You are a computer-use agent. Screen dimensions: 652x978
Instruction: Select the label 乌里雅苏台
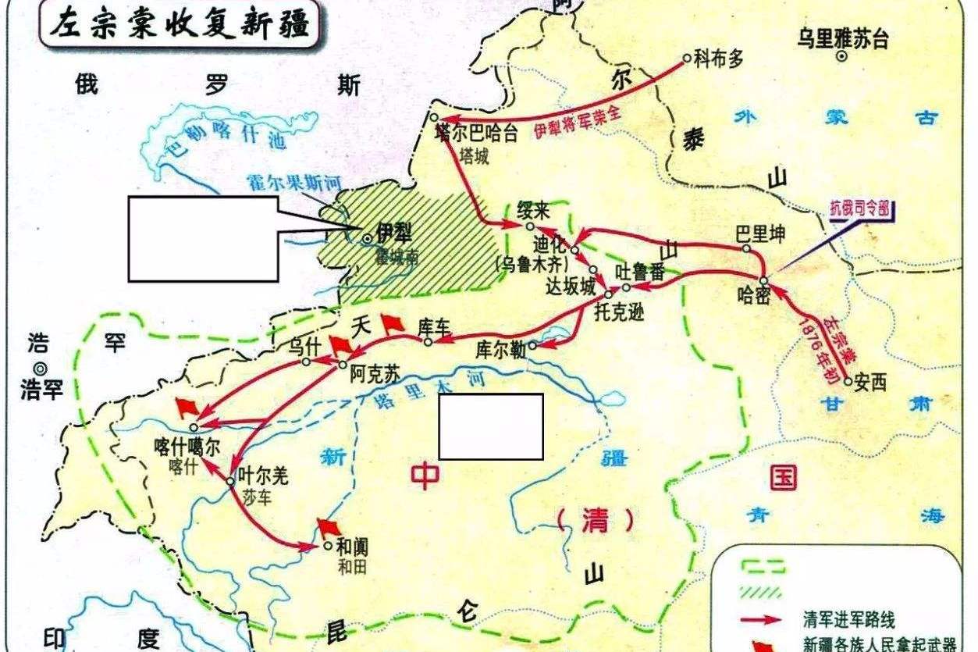click(842, 38)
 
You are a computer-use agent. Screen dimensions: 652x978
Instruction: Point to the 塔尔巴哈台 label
click(476, 134)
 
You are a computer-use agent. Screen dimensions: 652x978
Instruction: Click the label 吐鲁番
click(639, 273)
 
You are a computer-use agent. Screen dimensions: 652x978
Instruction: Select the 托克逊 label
click(621, 309)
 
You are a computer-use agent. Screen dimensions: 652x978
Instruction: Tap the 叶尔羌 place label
click(262, 476)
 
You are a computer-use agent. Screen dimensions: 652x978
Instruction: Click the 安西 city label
click(872, 384)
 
